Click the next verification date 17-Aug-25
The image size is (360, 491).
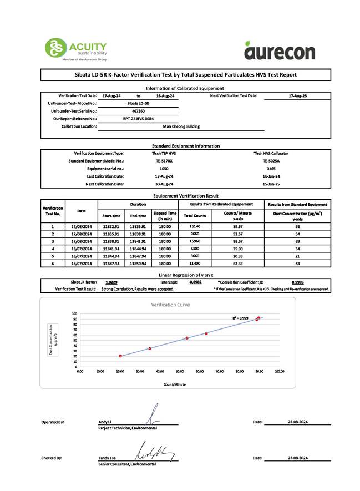coord(298,96)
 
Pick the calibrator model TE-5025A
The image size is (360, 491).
coord(271,160)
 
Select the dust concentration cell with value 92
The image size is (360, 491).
coord(298,226)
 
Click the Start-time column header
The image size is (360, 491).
coord(113,216)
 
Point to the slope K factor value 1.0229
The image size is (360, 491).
coord(111,282)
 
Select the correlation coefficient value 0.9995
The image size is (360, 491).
coord(298,282)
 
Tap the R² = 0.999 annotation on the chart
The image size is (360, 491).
coord(240,318)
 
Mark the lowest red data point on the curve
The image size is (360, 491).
coord(120,356)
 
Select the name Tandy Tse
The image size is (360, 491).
coord(107,458)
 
